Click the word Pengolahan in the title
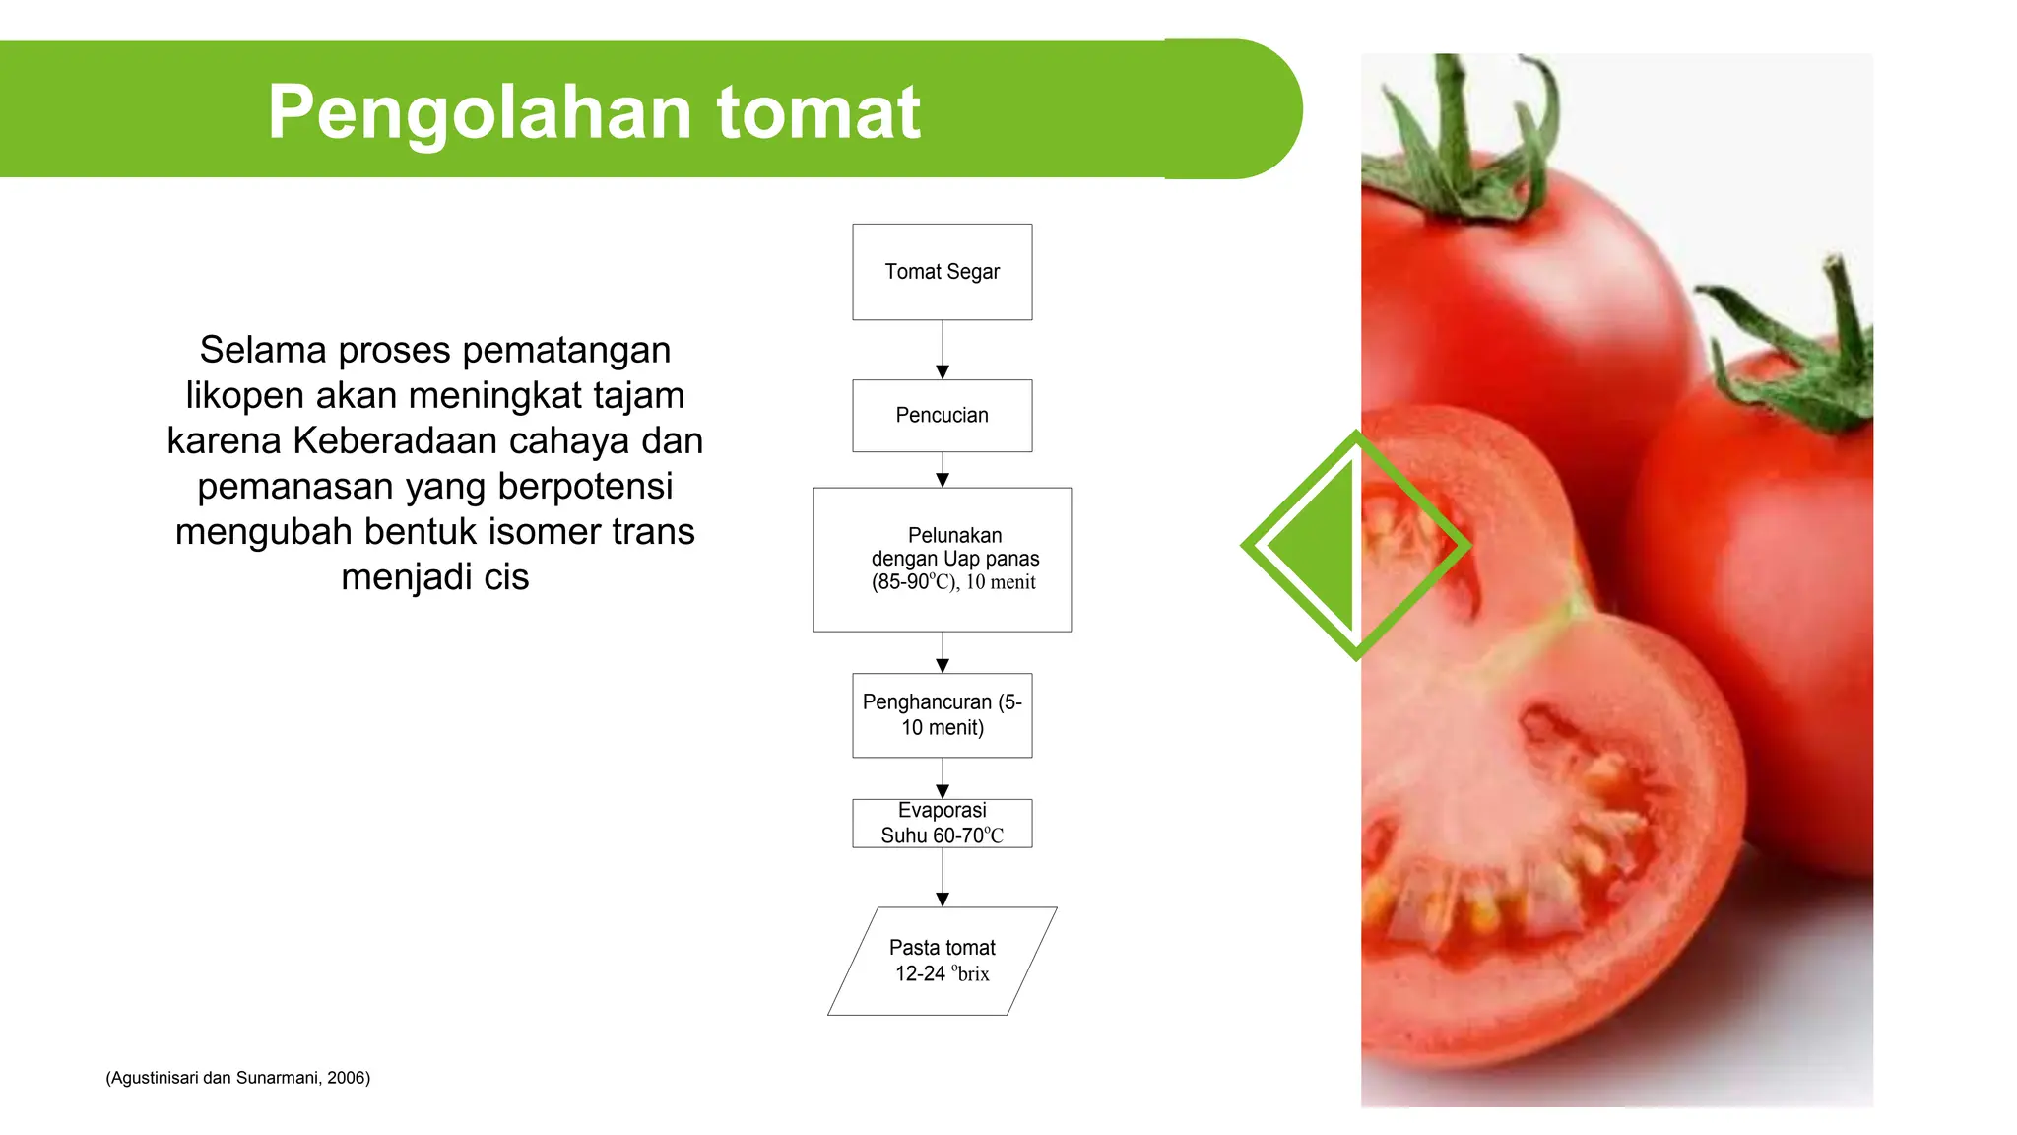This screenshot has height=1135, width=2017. coord(481,112)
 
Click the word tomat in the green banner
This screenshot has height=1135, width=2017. coord(818,112)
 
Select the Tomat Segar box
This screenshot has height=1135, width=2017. coord(942,272)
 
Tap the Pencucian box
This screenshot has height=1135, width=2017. coord(942,416)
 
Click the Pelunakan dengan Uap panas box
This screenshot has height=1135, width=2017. coord(942,559)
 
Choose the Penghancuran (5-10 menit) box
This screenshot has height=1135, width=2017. coord(942,715)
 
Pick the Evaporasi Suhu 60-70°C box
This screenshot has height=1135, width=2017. coord(942,823)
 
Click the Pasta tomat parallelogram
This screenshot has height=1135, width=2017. coord(942,961)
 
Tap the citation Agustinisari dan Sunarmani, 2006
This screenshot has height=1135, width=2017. coord(238,1078)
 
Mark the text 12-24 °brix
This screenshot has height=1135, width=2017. coord(942,973)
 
